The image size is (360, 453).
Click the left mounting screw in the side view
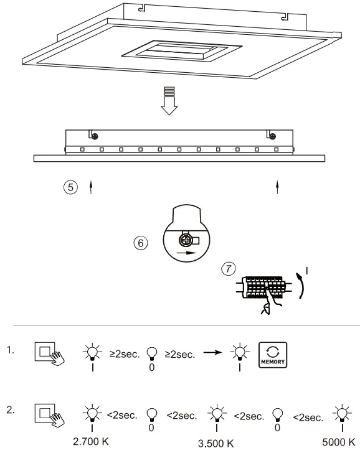coord(93,136)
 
